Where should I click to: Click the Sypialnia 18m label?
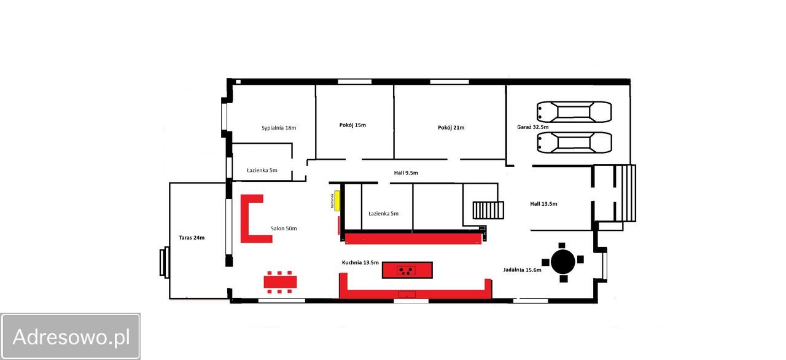coord(279,128)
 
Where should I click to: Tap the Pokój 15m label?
coord(352,125)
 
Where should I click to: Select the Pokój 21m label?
coord(451,127)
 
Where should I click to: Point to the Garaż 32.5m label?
coord(532,127)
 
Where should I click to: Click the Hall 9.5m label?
coord(406,173)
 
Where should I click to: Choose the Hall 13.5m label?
coord(543,203)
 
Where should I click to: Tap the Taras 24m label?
coord(192,238)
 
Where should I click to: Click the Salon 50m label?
coord(284,229)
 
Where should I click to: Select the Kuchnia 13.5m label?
coord(360,262)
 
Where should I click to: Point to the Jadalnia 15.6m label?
coord(522,270)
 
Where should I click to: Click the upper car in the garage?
coord(574,112)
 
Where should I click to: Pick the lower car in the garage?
coord(574,143)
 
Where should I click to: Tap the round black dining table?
coord(563,262)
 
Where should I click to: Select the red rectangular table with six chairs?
coord(280,282)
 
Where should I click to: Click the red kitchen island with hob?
coord(407,270)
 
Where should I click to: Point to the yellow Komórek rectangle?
coord(337,201)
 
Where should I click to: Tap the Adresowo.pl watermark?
coord(70,337)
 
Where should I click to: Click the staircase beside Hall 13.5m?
coord(488,210)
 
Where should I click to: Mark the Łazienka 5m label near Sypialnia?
coord(262,170)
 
